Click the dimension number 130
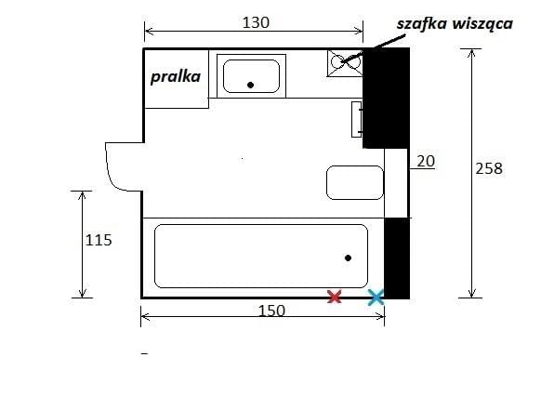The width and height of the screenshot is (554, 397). (256, 22)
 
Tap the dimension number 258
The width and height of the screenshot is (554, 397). (489, 168)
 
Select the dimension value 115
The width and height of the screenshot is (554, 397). (99, 241)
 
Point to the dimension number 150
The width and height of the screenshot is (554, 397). (271, 311)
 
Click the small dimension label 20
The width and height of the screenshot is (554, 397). (426, 162)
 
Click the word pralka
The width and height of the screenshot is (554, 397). (176, 77)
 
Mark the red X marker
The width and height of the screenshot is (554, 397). (335, 297)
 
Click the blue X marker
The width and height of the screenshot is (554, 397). (376, 297)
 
